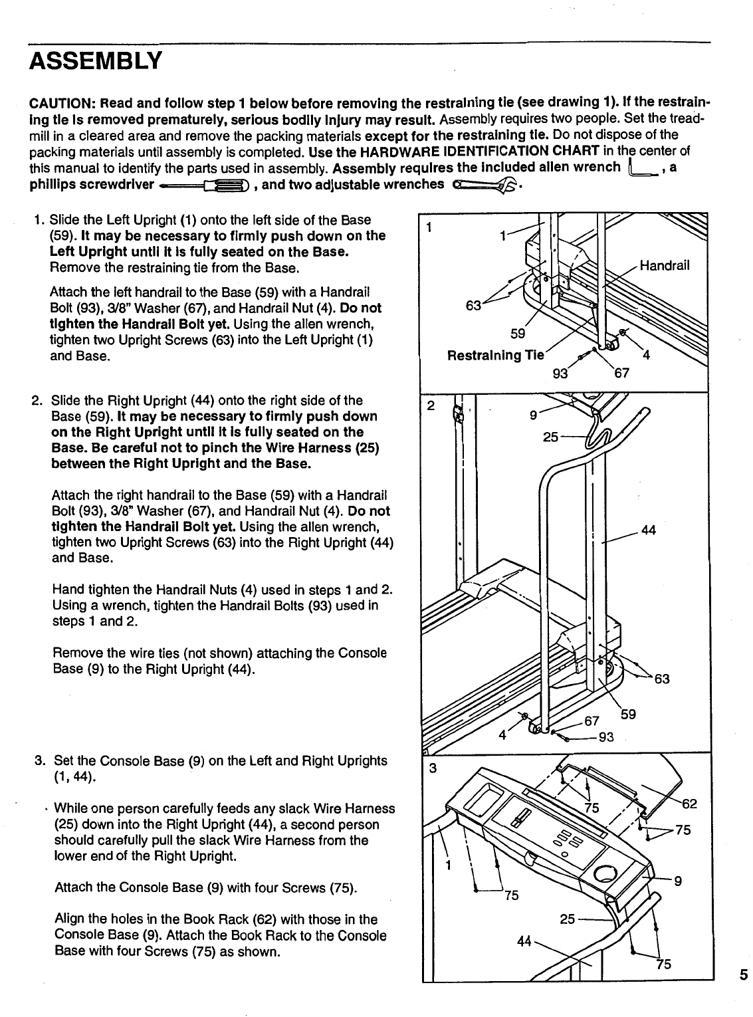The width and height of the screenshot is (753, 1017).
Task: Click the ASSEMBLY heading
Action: click(x=95, y=61)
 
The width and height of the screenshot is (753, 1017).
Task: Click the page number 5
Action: click(x=743, y=976)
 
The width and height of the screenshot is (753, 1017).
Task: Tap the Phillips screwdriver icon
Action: click(x=206, y=185)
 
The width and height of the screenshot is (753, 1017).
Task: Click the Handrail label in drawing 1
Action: click(x=664, y=266)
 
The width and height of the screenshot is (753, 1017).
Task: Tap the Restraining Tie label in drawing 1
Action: click(x=496, y=355)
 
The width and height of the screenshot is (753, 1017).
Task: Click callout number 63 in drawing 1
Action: click(x=474, y=306)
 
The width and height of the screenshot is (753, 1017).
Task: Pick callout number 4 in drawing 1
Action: click(x=645, y=355)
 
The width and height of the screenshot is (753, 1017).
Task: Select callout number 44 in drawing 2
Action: click(x=649, y=530)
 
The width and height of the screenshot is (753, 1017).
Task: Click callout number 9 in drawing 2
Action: click(x=533, y=417)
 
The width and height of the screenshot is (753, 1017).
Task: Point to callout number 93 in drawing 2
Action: click(x=605, y=737)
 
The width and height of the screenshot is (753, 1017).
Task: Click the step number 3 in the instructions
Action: click(x=39, y=760)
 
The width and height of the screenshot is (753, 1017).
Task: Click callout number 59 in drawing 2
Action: click(x=628, y=715)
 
